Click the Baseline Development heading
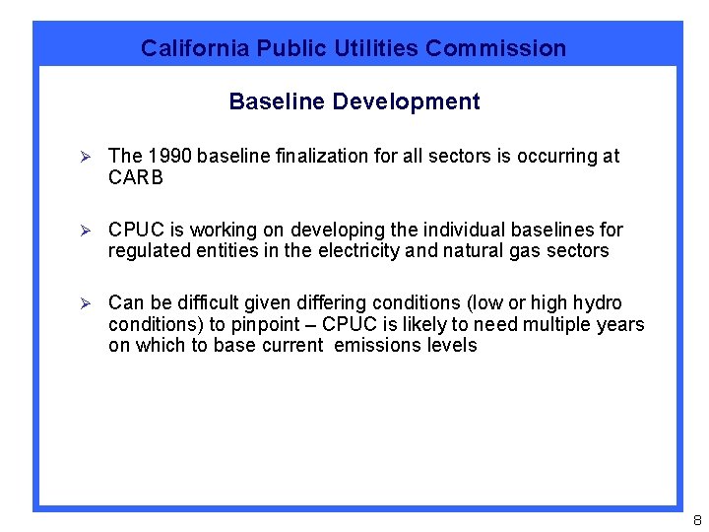(354, 101)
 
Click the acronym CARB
(136, 177)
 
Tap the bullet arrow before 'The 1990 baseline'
(85, 157)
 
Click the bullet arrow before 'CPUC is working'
(85, 231)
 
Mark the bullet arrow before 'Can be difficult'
(85, 303)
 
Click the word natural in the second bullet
(474, 251)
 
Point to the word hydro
(598, 302)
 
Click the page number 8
(695, 520)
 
